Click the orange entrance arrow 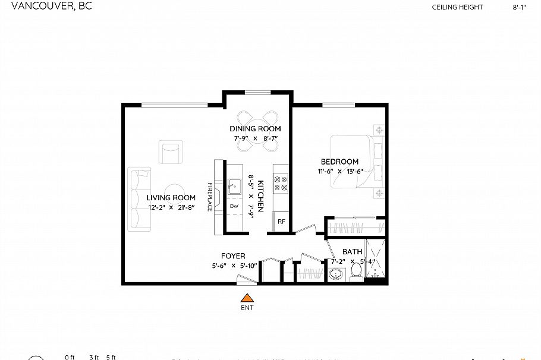247,298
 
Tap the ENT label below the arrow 247,308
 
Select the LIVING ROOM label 171,198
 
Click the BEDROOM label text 339,162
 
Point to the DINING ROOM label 255,129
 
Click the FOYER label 233,256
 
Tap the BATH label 352,252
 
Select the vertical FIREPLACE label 210,197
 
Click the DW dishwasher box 234,206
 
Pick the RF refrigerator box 281,222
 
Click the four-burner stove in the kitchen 280,184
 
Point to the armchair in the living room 171,152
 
